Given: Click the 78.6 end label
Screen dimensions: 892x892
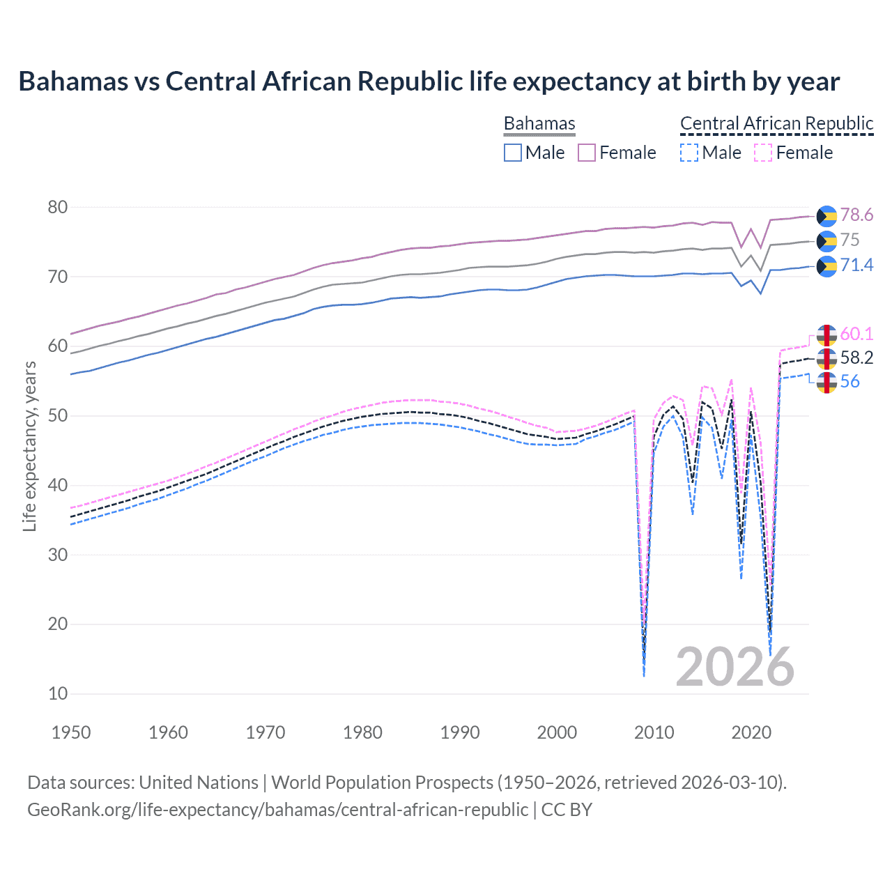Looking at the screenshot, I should pos(856,215).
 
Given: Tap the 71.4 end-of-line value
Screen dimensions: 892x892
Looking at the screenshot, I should pos(856,266).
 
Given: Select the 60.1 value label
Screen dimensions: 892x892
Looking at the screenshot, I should pos(856,334).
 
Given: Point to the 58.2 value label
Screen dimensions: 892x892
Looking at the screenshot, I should pos(856,358).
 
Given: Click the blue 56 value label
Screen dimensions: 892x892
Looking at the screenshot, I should pos(850,382).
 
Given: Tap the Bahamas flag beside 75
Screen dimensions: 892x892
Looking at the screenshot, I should pos(826,241).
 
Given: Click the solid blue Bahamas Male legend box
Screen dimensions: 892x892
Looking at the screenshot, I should pos(513,153).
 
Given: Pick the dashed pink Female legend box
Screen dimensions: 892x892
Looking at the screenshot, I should pos(763,153).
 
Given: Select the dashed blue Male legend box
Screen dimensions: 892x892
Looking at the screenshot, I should pos(689,153).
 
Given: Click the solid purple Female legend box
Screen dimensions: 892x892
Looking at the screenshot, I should pos(587,153).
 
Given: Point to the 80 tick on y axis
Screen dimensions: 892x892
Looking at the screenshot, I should pos(59,208).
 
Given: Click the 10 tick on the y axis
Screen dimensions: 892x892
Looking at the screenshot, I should pos(59,694).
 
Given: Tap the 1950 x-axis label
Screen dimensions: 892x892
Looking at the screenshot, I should pos(71,732).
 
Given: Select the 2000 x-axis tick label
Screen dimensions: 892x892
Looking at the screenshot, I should pos(557,732).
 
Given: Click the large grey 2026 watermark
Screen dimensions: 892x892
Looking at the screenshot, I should pos(735,667).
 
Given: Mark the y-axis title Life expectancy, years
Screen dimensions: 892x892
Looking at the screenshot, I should pos(29,446).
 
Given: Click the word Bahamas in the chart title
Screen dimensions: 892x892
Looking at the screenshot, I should pos(73,82).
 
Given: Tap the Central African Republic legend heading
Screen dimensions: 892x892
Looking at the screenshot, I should pos(776,123).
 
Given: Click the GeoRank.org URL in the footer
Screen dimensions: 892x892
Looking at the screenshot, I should pos(277,810).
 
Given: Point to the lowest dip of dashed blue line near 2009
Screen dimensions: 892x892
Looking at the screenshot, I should pos(644,675).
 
